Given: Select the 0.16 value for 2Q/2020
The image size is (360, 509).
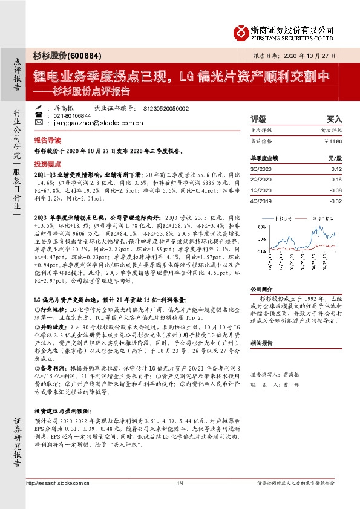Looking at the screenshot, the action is click(336, 180).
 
